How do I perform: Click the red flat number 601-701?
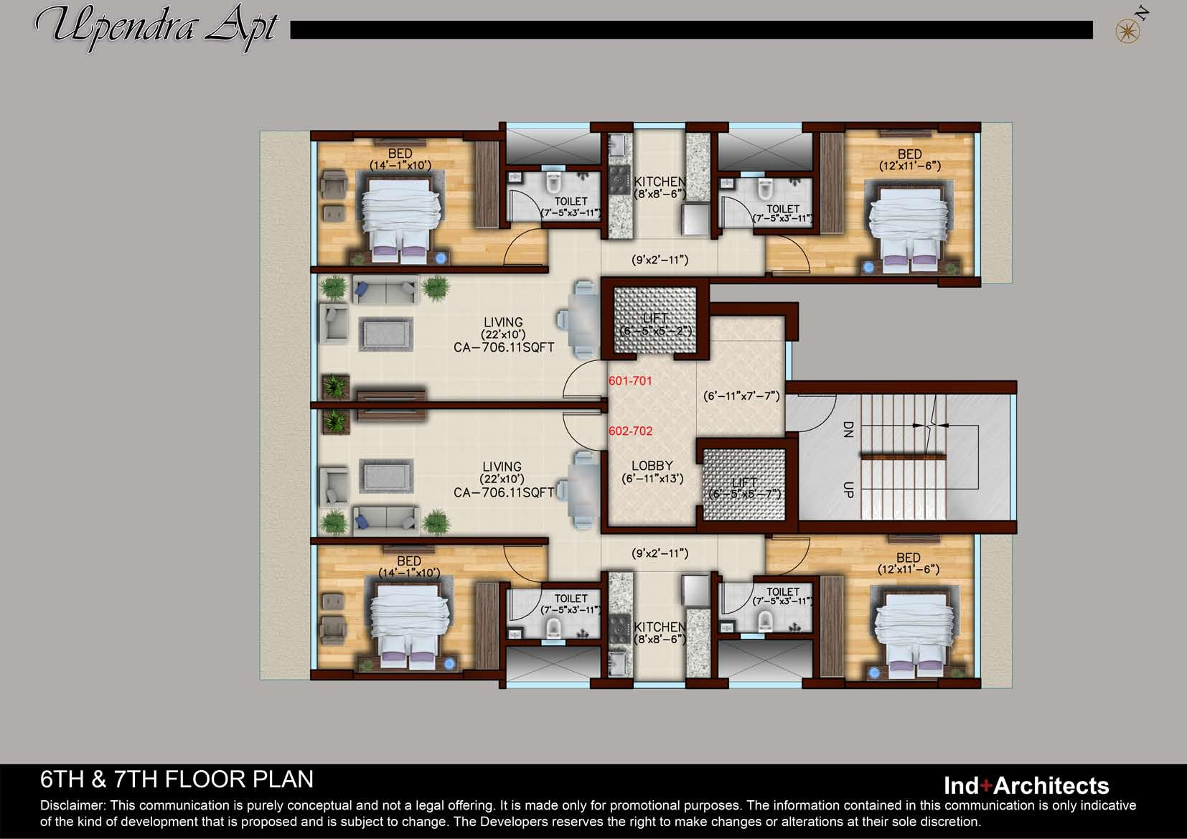click(x=630, y=380)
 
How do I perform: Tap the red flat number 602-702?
click(x=630, y=431)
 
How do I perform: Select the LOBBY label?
click(x=652, y=465)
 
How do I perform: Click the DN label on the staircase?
click(x=848, y=429)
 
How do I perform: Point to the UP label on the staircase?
click(x=848, y=489)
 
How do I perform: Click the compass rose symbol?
click(x=1127, y=32)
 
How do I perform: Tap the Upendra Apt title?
click(x=157, y=27)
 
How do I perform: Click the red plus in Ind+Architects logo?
click(x=985, y=785)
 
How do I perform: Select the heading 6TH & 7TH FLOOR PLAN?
click(x=177, y=779)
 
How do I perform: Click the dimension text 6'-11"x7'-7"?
click(x=741, y=396)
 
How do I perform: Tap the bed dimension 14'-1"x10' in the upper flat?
click(x=400, y=165)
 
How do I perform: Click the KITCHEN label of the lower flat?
click(x=660, y=627)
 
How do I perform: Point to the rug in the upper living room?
click(x=386, y=334)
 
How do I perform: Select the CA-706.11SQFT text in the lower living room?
click(x=503, y=492)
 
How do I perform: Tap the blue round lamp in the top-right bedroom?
click(x=868, y=268)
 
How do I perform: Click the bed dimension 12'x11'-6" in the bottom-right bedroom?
click(x=909, y=570)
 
